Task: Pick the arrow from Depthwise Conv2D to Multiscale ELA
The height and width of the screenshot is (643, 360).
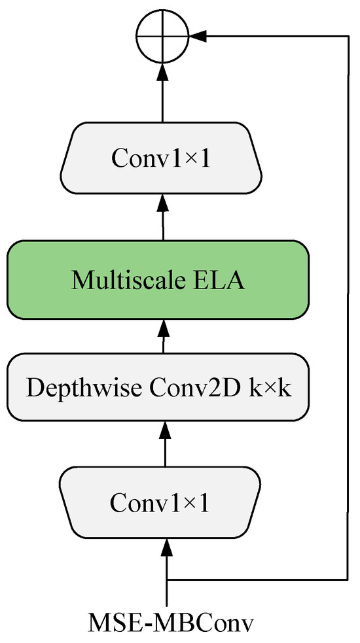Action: pos(163,334)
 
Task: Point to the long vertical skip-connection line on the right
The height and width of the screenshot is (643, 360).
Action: pos(346,307)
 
